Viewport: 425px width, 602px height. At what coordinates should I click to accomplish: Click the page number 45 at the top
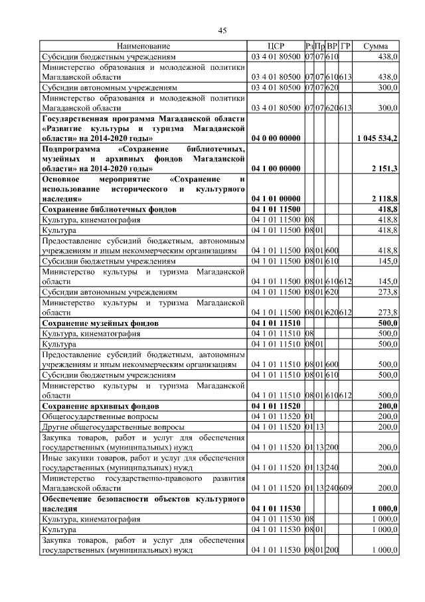(222, 30)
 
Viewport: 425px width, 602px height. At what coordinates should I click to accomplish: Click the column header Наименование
(143, 47)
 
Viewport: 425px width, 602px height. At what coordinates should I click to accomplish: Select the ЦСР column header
(276, 47)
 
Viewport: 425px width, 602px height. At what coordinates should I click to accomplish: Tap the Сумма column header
(376, 47)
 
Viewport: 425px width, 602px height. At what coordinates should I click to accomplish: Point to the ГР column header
(345, 47)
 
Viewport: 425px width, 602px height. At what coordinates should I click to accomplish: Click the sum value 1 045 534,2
(377, 138)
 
